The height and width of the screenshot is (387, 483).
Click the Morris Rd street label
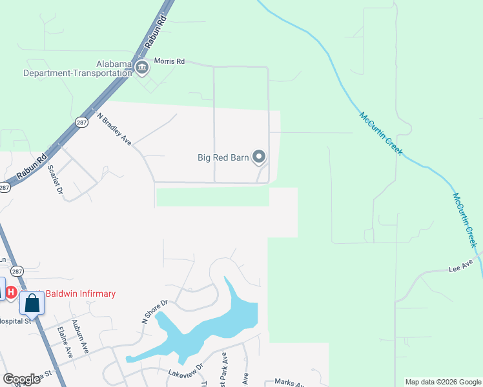[169, 61]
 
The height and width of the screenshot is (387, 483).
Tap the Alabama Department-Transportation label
[77, 68]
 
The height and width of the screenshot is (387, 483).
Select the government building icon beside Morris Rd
[142, 67]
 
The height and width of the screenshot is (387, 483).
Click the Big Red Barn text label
[223, 157]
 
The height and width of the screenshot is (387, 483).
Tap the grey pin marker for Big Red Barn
[259, 157]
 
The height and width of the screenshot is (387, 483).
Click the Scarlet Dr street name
[55, 178]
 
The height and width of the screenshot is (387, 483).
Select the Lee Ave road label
[462, 266]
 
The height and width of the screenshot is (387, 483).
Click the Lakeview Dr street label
[186, 366]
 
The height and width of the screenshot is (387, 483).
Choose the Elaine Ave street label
[64, 342]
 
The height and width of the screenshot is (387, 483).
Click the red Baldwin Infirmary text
[80, 294]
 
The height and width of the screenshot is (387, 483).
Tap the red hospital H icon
[11, 293]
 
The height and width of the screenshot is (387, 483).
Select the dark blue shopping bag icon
[32, 302]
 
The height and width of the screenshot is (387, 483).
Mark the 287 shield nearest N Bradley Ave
[81, 122]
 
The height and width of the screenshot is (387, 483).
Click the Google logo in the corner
[21, 379]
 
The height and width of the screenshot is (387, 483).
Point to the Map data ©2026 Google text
[442, 382]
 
